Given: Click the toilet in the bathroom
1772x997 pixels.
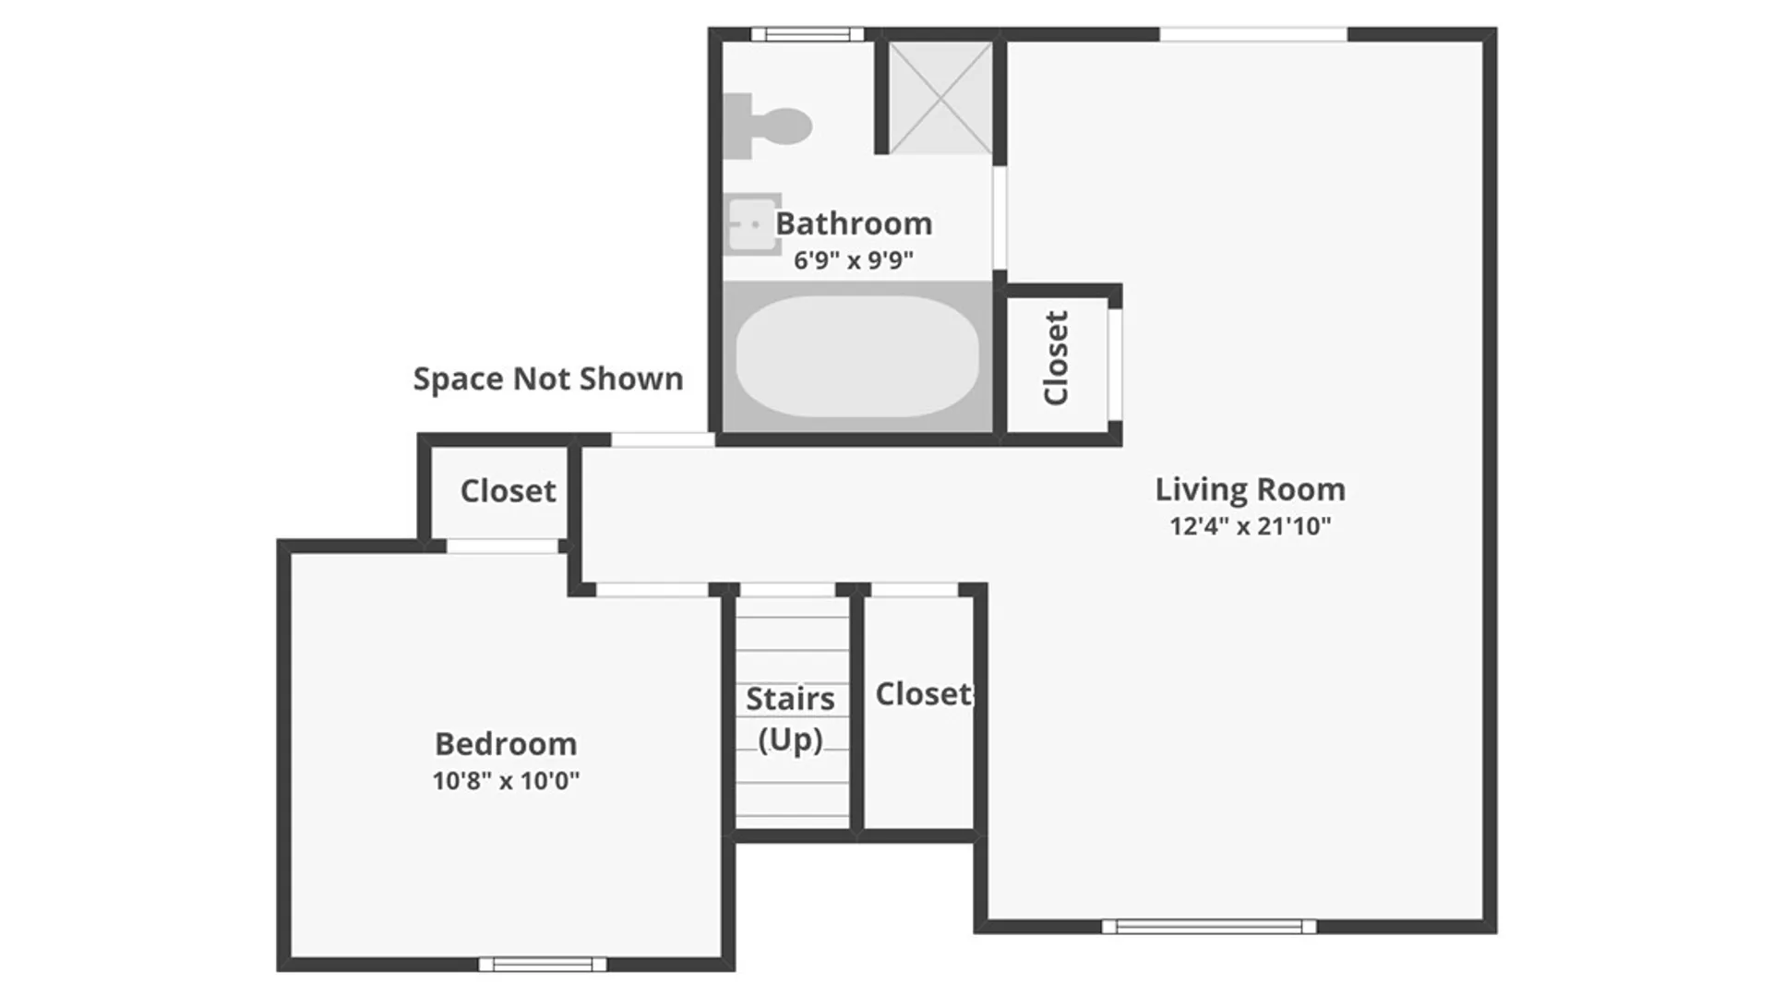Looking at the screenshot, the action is pyautogui.click(x=766, y=126).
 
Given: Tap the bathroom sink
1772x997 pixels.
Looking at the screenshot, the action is pyautogui.click(x=751, y=223).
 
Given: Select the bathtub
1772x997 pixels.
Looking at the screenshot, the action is pyautogui.click(x=857, y=356).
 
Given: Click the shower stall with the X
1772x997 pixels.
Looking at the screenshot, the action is pyautogui.click(x=940, y=97).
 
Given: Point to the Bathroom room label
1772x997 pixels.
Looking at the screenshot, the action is pyautogui.click(x=854, y=223).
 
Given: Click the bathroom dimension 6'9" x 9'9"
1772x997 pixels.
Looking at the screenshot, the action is pyautogui.click(x=854, y=260).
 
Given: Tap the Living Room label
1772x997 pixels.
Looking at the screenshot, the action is pyautogui.click(x=1251, y=489).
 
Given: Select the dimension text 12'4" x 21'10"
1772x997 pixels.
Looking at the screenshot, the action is pyautogui.click(x=1251, y=526).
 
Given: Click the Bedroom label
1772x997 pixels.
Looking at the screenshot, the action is pyautogui.click(x=506, y=744).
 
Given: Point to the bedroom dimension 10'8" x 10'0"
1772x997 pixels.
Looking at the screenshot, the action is pyautogui.click(x=506, y=781).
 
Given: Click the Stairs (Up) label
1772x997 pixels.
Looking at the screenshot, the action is pyautogui.click(x=790, y=719).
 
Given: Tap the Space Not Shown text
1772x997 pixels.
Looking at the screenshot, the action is pyautogui.click(x=548, y=378).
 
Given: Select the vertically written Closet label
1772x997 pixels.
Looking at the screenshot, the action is pyautogui.click(x=1056, y=358).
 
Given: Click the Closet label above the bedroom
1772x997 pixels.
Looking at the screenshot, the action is pyautogui.click(x=509, y=491).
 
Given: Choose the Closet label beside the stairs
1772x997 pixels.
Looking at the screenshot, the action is pyautogui.click(x=924, y=694).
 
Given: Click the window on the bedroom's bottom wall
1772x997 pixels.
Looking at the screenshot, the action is pyautogui.click(x=543, y=965).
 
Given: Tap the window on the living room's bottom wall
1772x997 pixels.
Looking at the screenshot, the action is pyautogui.click(x=1209, y=927).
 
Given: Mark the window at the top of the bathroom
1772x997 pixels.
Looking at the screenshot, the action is pyautogui.click(x=808, y=34).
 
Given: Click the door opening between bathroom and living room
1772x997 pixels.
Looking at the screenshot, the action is pyautogui.click(x=1000, y=218).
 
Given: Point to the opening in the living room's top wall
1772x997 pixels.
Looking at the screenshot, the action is pyautogui.click(x=1253, y=34).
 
